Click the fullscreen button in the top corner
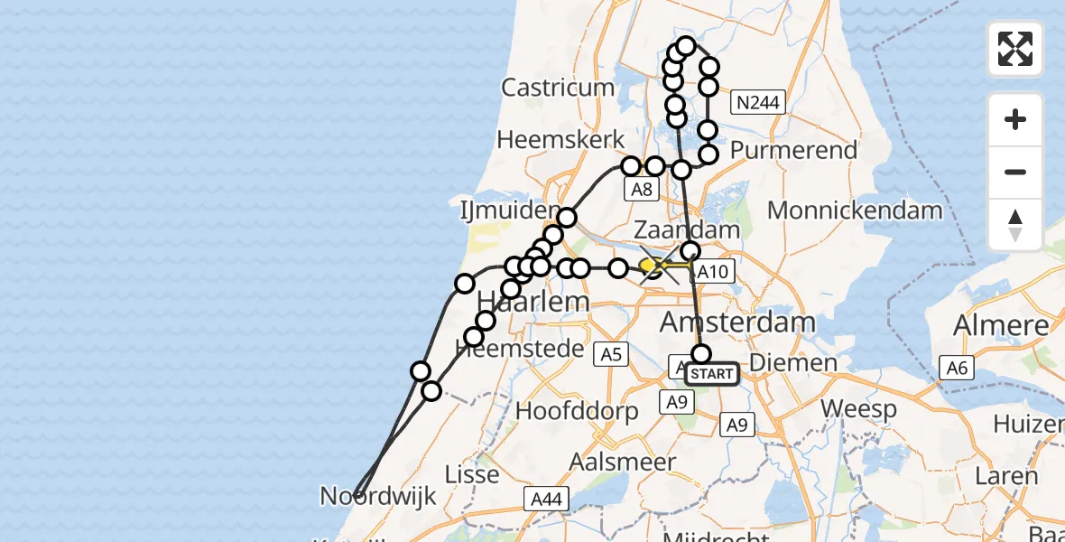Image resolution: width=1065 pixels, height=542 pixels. [1015, 49]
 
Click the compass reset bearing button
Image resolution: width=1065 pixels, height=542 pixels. [1015, 225]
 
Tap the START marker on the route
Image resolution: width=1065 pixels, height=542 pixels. [712, 374]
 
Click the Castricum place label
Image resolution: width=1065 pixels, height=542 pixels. [558, 88]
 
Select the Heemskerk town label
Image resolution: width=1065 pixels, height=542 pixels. [560, 140]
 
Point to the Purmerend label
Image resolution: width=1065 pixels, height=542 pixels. [794, 150]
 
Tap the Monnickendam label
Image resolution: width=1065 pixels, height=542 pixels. [855, 210]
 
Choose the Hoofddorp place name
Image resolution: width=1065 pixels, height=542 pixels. [577, 411]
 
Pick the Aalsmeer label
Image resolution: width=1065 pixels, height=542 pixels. [623, 462]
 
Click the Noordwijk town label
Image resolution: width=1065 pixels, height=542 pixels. [378, 495]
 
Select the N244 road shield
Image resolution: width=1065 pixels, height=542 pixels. [757, 103]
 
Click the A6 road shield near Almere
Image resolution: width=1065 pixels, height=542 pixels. [956, 367]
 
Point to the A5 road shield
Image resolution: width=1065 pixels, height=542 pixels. [612, 355]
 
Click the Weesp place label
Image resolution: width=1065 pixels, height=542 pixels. [858, 409]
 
